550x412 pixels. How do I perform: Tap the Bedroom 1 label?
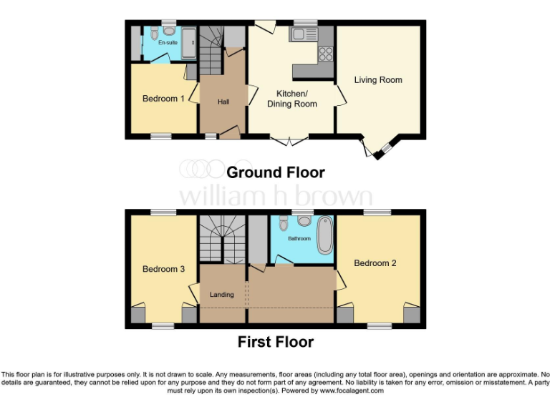pos(159,99)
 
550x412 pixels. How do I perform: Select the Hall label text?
pos(223,102)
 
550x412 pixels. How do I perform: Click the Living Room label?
pos(378,79)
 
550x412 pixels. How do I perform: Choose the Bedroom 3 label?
pos(163,269)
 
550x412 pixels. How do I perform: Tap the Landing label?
pos(222,295)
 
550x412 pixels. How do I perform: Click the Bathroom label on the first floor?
pos(299,238)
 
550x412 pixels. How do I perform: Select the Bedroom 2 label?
pos(375,263)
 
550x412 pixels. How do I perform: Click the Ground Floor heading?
pos(276,173)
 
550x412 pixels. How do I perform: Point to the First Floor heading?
pos(276,342)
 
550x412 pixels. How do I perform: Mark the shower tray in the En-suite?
pos(190,43)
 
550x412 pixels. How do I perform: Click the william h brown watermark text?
pos(276,195)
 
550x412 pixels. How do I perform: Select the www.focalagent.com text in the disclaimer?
pos(351,391)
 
